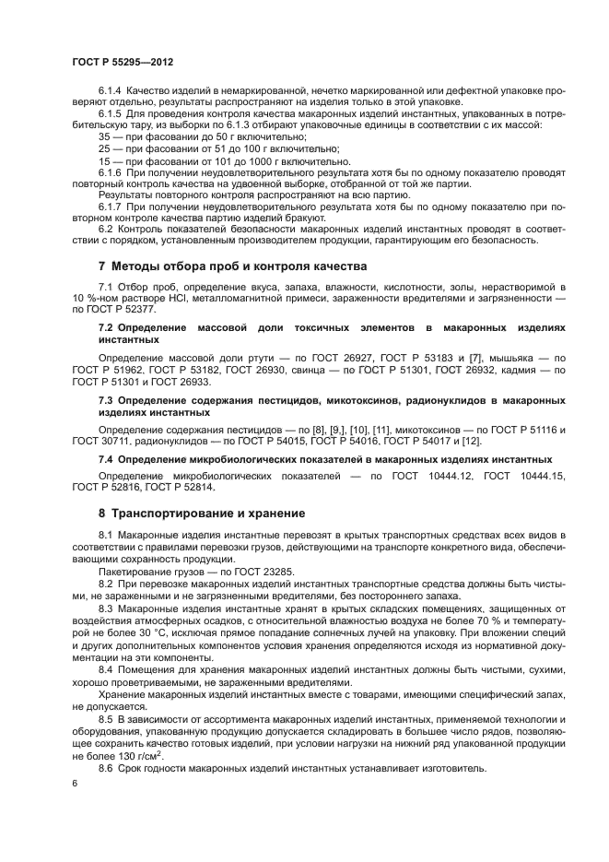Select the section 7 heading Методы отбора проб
click(x=219, y=266)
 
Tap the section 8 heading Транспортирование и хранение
click(x=201, y=512)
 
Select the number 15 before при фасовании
click(x=104, y=161)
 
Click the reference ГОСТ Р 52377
click(x=124, y=312)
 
